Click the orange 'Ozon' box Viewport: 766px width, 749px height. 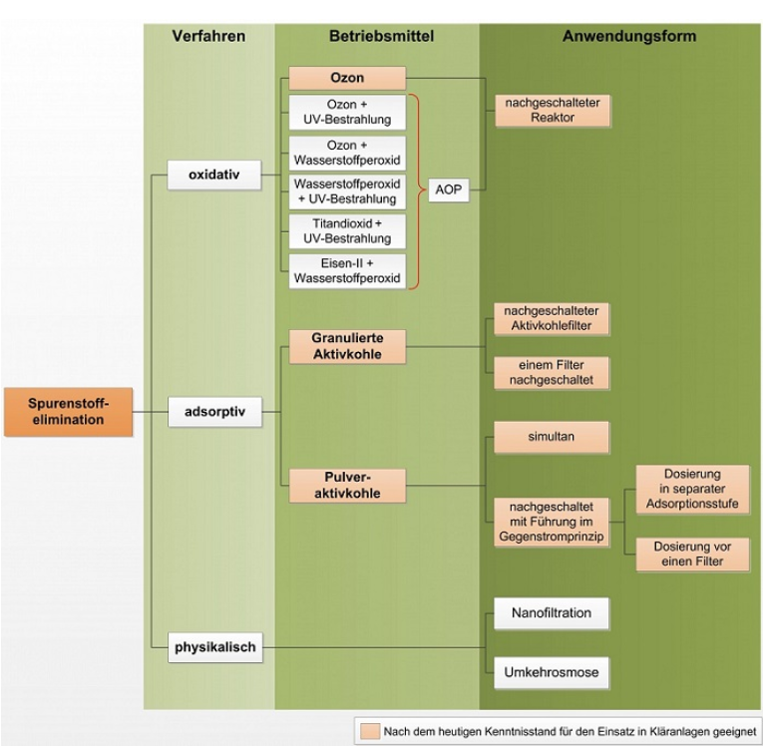tap(347, 78)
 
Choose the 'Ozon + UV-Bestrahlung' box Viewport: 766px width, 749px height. tap(347, 112)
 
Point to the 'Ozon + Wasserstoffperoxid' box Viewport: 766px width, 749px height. tap(347, 152)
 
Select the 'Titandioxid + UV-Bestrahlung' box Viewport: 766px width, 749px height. tap(347, 231)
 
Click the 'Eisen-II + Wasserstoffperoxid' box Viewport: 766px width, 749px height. tap(347, 271)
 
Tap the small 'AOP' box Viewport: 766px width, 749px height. tap(449, 189)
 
